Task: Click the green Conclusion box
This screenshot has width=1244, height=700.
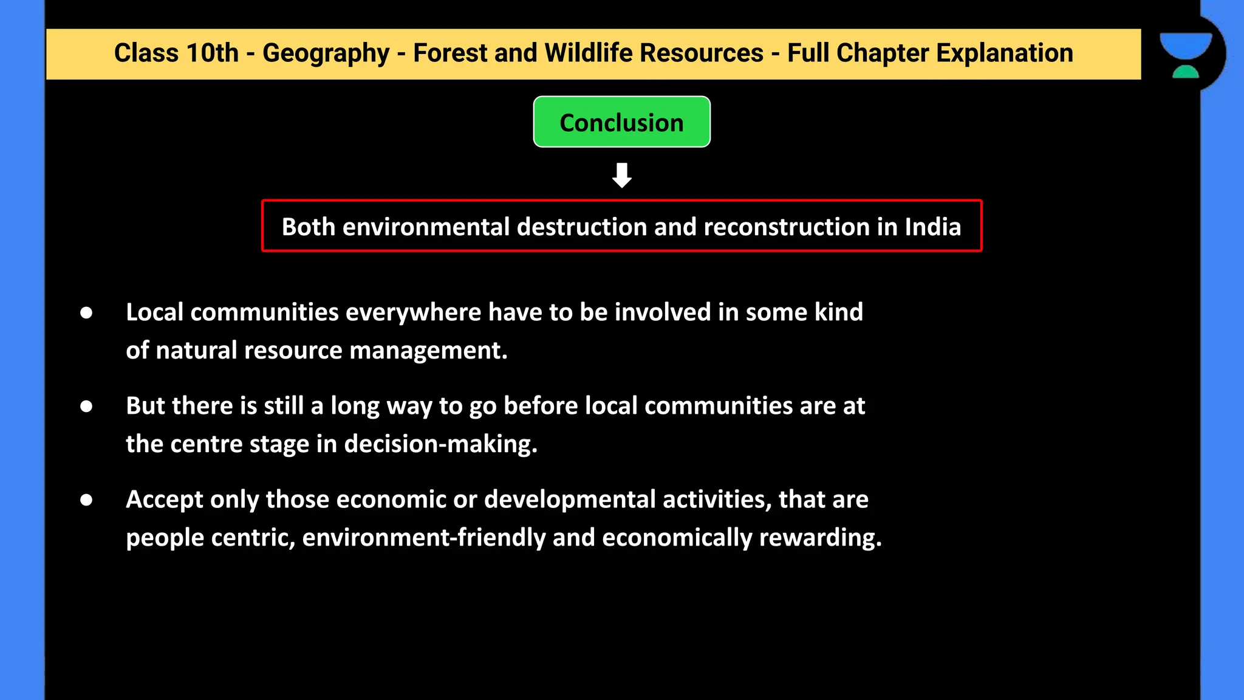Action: tap(621, 122)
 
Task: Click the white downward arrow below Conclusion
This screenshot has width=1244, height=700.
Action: tap(621, 175)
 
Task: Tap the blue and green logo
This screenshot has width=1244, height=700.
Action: tap(1185, 55)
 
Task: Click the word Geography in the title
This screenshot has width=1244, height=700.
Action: tap(326, 53)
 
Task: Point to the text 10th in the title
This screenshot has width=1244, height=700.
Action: tap(212, 53)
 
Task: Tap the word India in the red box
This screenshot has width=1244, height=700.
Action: tap(932, 227)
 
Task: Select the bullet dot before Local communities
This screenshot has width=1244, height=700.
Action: tap(86, 313)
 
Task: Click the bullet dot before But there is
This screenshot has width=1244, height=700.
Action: tap(86, 407)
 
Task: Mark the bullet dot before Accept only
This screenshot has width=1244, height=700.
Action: tap(86, 500)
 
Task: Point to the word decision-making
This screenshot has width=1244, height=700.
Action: tap(440, 445)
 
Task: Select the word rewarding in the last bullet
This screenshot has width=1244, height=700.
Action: tap(820, 538)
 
